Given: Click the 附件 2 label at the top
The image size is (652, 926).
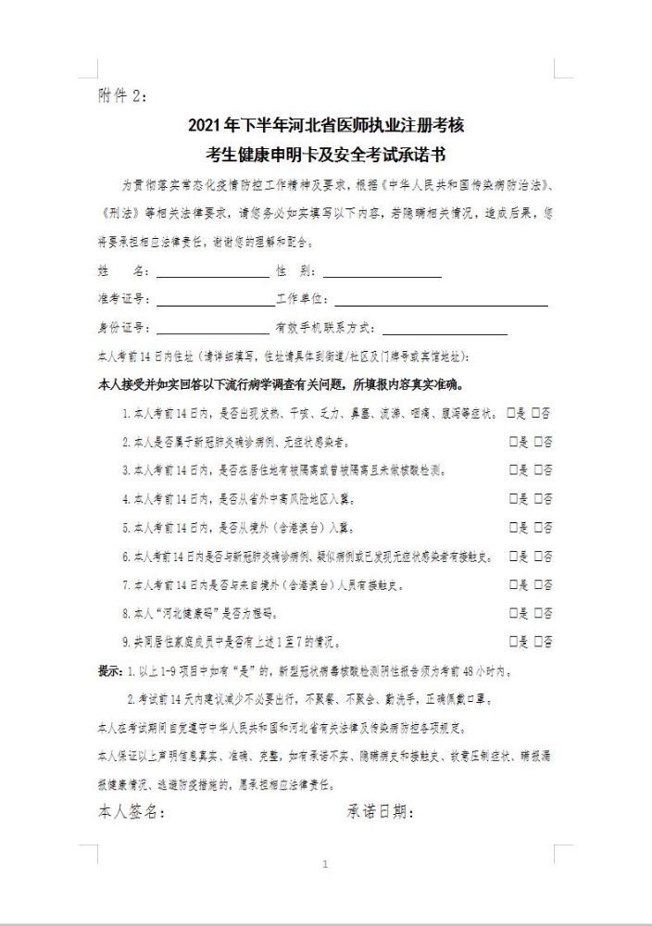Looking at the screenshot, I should point(121,95).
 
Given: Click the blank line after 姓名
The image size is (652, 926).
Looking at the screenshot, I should point(212,275).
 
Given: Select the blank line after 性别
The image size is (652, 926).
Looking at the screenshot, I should point(382,275).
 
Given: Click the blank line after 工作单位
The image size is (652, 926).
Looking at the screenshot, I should point(441,302).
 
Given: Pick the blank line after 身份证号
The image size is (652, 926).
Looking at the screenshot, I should point(214,331).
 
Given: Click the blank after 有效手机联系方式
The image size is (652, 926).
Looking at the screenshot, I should point(445,331).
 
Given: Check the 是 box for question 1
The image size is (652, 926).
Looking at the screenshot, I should point(513,413).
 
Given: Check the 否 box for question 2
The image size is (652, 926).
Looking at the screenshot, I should point(538,442).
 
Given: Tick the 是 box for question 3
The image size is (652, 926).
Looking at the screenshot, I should point(513,470).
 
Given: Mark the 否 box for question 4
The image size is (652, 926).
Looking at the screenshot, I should point(538,499).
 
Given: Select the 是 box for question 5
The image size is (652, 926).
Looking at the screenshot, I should point(513,528).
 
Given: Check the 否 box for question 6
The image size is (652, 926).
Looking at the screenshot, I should point(538,557).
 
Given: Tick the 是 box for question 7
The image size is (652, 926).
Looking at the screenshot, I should point(513,585).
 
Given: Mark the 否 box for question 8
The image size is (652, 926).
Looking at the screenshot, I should point(538,613).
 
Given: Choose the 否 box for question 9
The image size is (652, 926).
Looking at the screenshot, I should point(538,642).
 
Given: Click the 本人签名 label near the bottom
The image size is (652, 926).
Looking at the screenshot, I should point(132,813).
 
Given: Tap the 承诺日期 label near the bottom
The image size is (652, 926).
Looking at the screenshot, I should point(380,813).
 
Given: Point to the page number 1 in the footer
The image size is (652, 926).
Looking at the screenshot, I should point(325,865).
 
